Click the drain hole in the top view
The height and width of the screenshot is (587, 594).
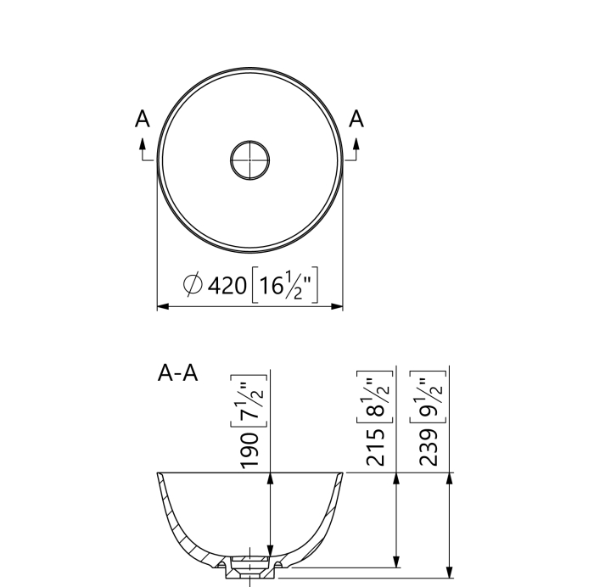point(250,159)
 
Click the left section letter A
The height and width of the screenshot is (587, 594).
point(143,120)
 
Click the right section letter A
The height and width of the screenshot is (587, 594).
point(356,120)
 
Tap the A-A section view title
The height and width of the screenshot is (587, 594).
point(178,373)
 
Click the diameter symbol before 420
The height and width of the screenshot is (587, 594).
point(193,286)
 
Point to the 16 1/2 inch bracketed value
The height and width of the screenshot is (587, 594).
point(284,285)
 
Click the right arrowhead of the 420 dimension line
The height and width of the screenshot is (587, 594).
point(339,306)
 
